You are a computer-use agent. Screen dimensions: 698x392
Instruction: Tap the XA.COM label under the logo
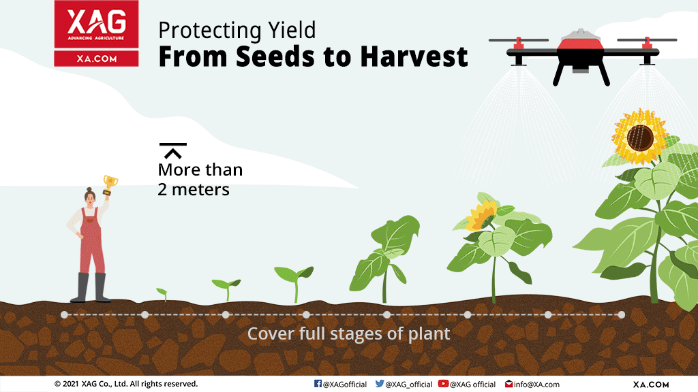click(x=96, y=59)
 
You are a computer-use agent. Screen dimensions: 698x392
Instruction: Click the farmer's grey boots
click(x=91, y=288)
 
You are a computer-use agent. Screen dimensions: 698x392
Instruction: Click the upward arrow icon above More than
click(x=172, y=150)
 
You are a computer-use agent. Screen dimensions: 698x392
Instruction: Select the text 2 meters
click(x=194, y=190)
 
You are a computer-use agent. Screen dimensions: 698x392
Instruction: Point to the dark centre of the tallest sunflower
click(x=640, y=137)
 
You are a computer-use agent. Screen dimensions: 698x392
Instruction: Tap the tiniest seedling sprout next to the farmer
click(x=162, y=294)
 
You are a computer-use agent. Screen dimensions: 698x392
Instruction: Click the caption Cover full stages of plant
click(x=348, y=333)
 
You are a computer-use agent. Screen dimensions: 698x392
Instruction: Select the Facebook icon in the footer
click(x=318, y=384)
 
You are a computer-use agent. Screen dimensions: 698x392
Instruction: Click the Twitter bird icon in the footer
click(x=379, y=384)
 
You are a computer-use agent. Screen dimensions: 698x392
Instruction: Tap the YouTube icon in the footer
click(x=443, y=384)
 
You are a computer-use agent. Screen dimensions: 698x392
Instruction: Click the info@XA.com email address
click(x=536, y=385)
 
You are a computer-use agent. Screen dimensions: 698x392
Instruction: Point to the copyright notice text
click(x=126, y=384)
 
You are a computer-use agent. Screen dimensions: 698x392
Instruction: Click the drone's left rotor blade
click(x=519, y=40)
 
